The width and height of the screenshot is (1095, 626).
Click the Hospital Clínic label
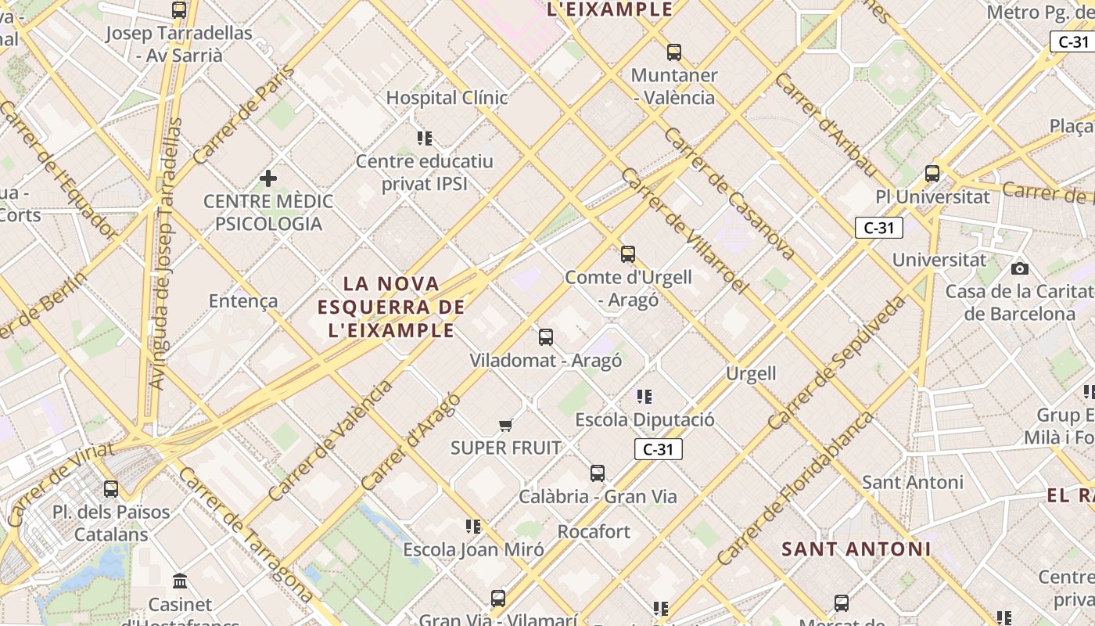447,98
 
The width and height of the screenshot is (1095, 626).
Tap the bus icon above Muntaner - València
674,52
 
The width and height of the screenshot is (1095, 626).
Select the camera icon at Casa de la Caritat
1019,268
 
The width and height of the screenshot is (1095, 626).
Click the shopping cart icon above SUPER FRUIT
506,425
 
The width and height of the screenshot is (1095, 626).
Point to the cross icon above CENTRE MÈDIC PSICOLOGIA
268,178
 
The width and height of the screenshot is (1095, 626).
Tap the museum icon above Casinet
181,581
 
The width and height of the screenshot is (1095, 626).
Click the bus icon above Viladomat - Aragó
546,337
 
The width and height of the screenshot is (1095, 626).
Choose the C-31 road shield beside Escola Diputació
658,449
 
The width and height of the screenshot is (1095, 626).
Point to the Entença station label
243,300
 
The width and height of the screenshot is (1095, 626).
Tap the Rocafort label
594,532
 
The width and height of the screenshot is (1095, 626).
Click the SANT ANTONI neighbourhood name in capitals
856,549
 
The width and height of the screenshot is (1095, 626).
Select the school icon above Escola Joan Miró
473,527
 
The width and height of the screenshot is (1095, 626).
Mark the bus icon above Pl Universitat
932,174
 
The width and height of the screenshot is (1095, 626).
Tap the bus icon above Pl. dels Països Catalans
111,489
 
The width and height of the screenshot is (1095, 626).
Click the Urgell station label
751,374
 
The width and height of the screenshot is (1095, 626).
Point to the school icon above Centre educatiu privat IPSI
425,139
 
